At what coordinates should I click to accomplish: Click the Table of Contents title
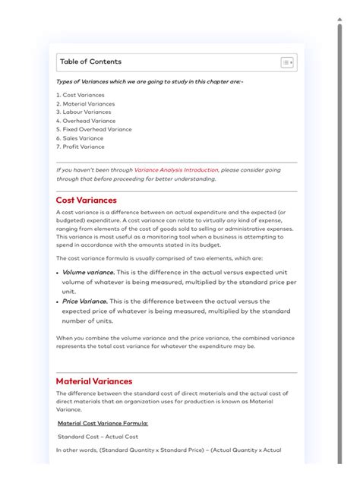(90, 62)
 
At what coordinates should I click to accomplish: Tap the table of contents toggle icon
(286, 62)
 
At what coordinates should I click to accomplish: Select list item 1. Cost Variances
(81, 95)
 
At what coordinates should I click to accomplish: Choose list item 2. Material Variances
(85, 104)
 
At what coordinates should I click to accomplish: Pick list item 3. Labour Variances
(84, 112)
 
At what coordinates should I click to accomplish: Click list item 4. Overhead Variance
(86, 121)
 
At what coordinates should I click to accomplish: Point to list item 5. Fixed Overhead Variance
(93, 129)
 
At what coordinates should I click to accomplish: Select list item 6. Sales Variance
(80, 138)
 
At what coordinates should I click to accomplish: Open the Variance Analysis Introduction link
(175, 170)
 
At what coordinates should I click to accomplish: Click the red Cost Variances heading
(87, 201)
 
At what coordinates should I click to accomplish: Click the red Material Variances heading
(94, 381)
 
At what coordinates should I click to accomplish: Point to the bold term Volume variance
(88, 272)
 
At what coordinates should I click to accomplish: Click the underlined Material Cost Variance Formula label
(103, 423)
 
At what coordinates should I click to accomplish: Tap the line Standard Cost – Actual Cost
(98, 437)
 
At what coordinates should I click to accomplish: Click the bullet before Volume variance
(58, 272)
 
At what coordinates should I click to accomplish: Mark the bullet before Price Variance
(58, 302)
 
